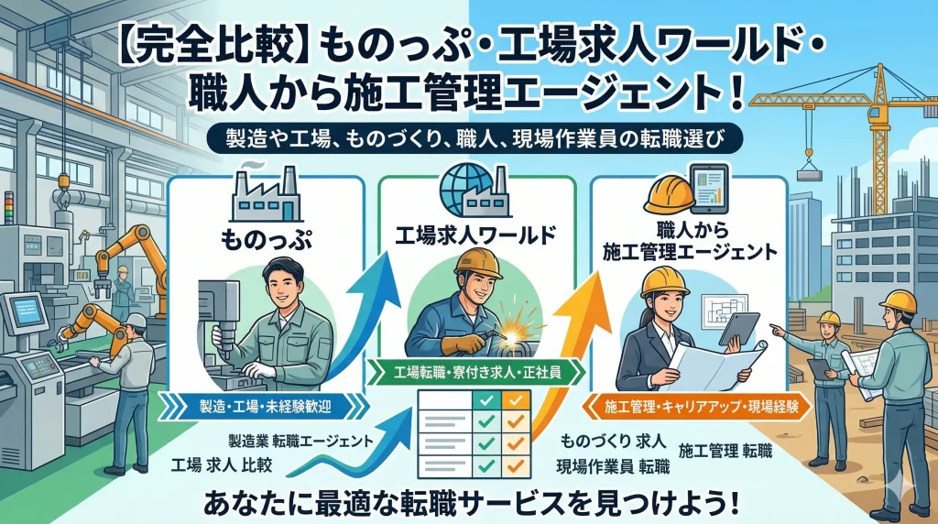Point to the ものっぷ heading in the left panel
tap(266, 239)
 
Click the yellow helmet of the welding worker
tap(477, 263)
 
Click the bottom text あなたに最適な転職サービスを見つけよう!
tap(468, 502)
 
